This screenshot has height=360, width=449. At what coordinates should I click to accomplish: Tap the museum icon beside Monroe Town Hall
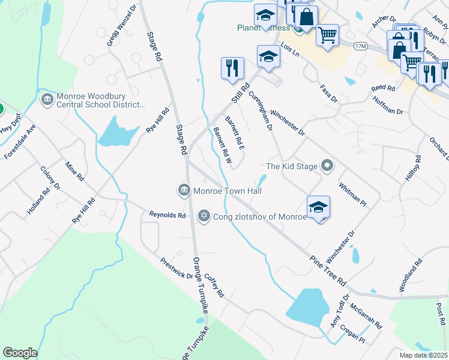point(183,191)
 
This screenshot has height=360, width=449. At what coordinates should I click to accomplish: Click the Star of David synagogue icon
point(203,215)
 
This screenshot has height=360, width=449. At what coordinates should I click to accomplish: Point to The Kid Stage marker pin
point(327,166)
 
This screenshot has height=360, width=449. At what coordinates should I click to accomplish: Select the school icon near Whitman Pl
point(319,207)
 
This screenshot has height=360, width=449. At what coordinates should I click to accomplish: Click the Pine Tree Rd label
point(328,271)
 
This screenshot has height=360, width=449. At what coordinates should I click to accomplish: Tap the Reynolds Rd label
point(167,214)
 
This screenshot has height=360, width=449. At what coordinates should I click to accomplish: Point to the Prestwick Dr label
point(176,269)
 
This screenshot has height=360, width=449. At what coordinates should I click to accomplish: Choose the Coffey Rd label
point(214,286)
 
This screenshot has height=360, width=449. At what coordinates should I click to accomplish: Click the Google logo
point(20,353)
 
